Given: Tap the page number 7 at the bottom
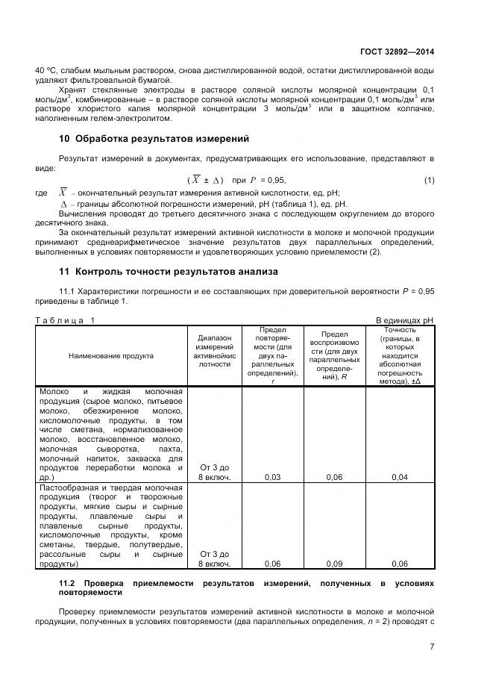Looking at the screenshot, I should click(432, 646).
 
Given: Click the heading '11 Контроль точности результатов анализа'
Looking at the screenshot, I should click(168, 271).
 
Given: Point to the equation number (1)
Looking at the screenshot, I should click(429, 181).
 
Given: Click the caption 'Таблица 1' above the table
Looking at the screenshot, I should click(66, 320).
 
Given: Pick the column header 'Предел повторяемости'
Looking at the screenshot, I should click(272, 355).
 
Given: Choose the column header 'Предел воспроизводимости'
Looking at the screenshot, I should click(334, 355).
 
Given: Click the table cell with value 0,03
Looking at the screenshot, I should click(272, 476).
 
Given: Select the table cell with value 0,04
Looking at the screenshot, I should click(400, 476).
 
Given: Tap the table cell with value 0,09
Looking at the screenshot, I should click(334, 564).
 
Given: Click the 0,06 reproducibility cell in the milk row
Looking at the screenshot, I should click(334, 476).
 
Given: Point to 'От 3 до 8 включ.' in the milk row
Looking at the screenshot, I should click(215, 472).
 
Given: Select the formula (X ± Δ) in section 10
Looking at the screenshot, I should click(205, 181).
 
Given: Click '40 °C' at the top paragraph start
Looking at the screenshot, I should click(46, 71).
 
